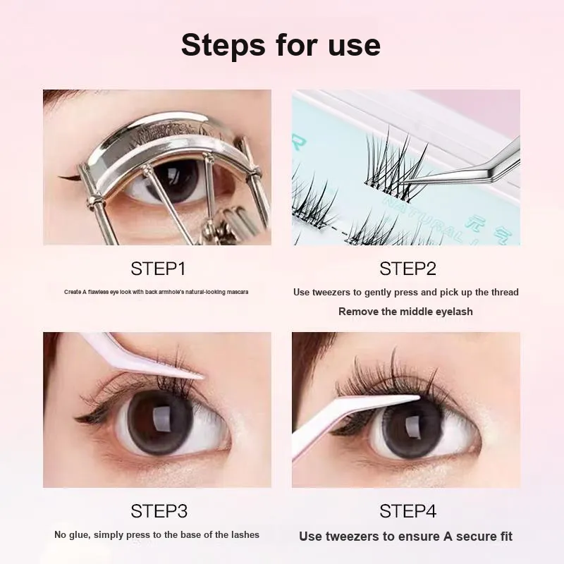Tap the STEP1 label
tap(158, 269)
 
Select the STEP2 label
tap(408, 269)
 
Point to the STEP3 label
tap(159, 511)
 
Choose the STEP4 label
tap(408, 511)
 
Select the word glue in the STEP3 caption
tap(78, 535)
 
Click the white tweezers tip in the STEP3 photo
tap(202, 377)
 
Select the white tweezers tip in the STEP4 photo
tap(417, 398)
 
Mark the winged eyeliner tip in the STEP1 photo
tap(60, 177)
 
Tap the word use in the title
tap(355, 46)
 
